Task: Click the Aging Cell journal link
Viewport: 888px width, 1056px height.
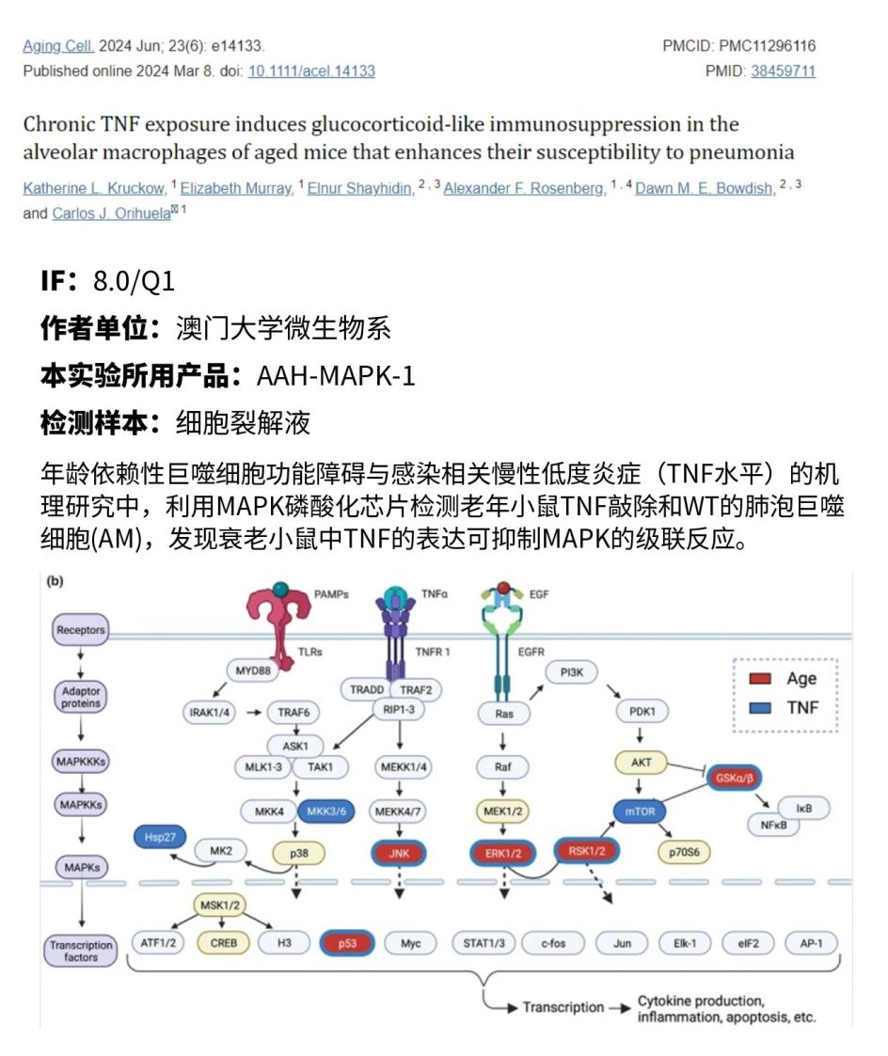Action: pyautogui.click(x=58, y=46)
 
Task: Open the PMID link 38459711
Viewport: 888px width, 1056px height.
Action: pyautogui.click(x=783, y=71)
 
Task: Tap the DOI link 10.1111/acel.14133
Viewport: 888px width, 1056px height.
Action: pyautogui.click(x=311, y=71)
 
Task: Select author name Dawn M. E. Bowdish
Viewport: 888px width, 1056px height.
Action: pyautogui.click(x=706, y=189)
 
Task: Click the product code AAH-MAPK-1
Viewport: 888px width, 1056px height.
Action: pyautogui.click(x=336, y=376)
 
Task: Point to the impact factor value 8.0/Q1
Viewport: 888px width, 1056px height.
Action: pyautogui.click(x=135, y=281)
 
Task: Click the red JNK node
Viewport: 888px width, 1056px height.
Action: pyautogui.click(x=399, y=853)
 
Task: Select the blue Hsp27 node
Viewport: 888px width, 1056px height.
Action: pyautogui.click(x=160, y=837)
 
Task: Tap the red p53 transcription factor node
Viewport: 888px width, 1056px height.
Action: pyautogui.click(x=347, y=943)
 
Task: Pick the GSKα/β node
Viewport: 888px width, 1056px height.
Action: pyautogui.click(x=734, y=778)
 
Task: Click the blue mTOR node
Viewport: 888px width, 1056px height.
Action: pyautogui.click(x=640, y=812)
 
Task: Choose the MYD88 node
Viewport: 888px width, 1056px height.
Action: pyautogui.click(x=253, y=670)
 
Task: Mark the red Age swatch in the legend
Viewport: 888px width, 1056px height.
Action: pyautogui.click(x=760, y=678)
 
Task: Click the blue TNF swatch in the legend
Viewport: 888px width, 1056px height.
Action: pyautogui.click(x=760, y=708)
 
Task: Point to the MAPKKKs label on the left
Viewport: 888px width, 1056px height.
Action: pyautogui.click(x=81, y=762)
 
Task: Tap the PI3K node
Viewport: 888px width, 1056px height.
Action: pyautogui.click(x=571, y=672)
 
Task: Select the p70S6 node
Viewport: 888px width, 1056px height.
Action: pyautogui.click(x=684, y=853)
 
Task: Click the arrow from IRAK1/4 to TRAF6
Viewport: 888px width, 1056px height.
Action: pyautogui.click(x=254, y=713)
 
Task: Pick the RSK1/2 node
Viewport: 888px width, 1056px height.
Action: pyautogui.click(x=586, y=851)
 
